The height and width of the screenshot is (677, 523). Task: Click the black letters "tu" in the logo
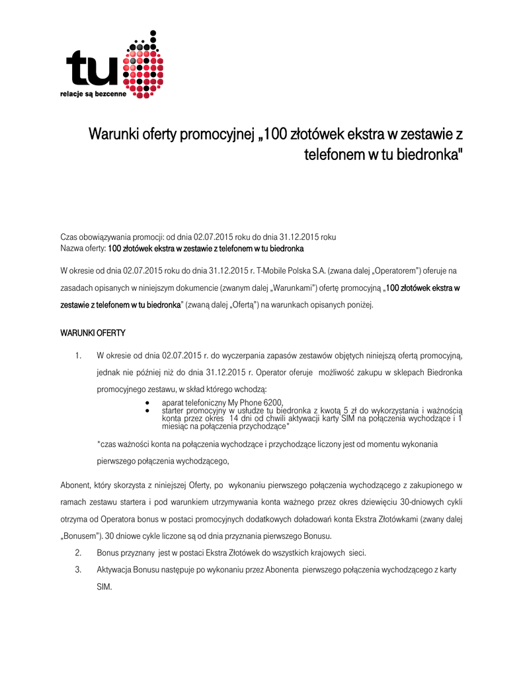[93, 70]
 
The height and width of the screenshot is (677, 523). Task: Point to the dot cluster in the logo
[143, 66]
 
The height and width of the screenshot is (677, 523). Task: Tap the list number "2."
[78, 552]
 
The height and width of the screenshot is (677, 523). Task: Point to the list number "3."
[78, 570]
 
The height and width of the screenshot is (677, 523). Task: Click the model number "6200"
[272, 403]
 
